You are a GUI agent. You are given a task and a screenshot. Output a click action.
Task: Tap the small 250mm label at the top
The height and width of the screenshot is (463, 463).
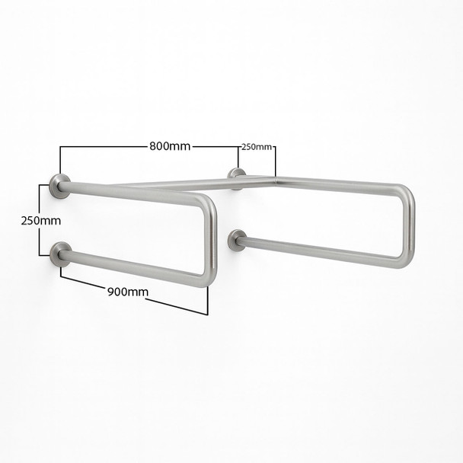257,147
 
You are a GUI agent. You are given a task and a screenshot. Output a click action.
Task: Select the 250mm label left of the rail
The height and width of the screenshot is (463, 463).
40,220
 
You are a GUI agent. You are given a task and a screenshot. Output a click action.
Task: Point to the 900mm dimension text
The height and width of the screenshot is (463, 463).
128,292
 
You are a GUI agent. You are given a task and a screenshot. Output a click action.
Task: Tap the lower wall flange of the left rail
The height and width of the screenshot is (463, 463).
59,254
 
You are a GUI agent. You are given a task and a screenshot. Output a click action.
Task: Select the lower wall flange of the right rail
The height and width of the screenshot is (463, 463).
238,239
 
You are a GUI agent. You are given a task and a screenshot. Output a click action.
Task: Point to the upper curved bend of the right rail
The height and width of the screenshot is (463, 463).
405,193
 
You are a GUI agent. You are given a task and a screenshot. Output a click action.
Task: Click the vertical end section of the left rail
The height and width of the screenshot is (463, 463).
212,240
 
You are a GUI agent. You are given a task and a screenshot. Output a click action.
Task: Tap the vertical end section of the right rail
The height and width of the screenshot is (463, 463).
410,226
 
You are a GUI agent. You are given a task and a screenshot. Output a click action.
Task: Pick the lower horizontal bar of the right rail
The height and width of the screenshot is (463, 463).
320,252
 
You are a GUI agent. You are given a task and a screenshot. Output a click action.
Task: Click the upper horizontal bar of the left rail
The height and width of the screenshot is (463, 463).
129,194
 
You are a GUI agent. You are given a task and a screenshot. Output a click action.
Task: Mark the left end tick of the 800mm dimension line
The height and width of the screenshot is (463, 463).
59,160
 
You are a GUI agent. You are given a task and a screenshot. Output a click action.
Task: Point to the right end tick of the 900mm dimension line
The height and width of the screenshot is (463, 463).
207,302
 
